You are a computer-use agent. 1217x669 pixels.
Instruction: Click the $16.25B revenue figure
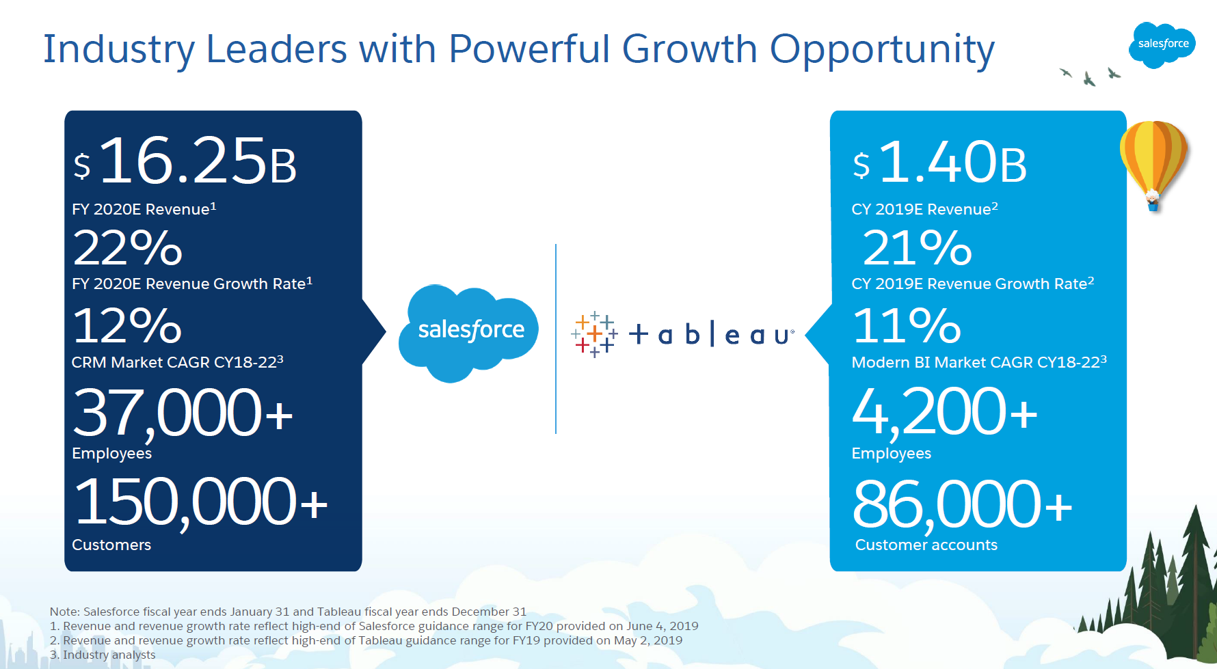185,161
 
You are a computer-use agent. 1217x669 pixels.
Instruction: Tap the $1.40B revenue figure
940,163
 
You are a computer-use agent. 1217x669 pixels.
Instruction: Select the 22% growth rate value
128,247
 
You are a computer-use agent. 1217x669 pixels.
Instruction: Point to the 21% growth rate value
917,247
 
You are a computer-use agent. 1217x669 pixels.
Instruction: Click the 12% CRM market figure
127,325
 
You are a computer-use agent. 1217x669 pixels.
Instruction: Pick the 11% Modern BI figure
907,325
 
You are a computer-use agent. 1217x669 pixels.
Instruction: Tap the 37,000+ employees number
183,413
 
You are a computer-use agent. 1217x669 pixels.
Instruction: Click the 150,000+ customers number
200,503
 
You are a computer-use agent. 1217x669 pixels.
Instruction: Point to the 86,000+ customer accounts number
963,504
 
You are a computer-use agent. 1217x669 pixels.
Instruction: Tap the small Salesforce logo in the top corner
1162,44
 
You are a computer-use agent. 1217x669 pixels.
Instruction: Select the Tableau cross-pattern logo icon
594,334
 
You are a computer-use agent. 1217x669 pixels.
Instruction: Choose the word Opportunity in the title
882,50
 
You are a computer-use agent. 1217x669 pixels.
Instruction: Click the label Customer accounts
926,545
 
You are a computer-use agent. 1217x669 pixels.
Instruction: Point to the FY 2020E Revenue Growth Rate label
192,284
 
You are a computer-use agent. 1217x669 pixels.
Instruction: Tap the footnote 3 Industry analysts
103,655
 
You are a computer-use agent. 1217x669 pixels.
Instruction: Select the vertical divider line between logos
556,338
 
